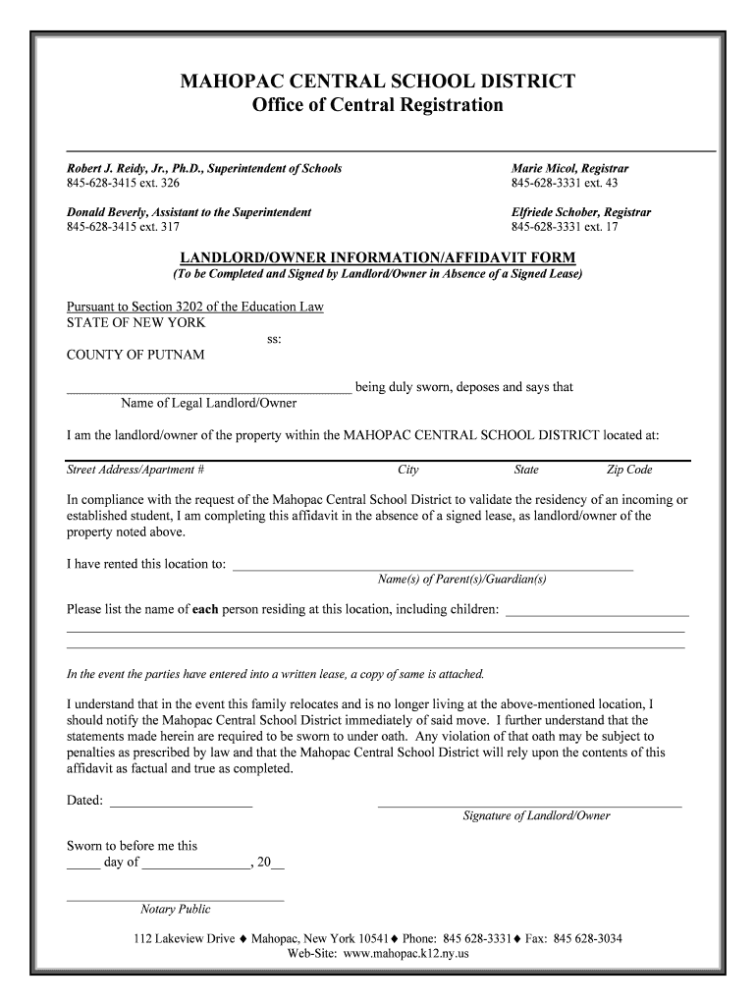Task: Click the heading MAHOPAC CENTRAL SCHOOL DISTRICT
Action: click(378, 81)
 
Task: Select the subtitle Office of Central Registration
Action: click(378, 105)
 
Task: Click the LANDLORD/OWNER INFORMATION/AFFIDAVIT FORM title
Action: click(378, 258)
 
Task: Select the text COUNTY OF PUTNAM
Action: click(135, 355)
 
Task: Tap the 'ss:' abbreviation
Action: click(275, 339)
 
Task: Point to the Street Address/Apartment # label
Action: click(135, 470)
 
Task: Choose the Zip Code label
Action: click(629, 470)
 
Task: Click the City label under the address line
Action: click(408, 470)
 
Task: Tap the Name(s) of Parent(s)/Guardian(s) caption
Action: click(462, 580)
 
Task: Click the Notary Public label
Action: click(175, 910)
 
